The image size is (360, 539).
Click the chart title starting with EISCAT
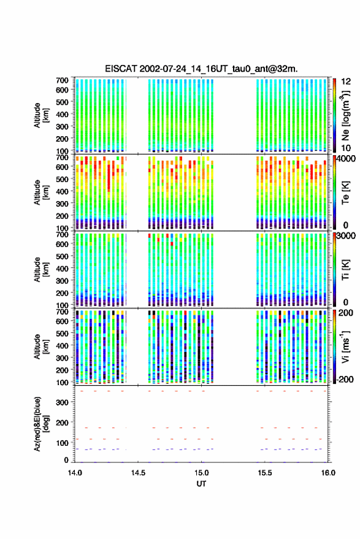[x=201, y=69]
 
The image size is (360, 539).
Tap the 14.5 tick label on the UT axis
[x=138, y=473]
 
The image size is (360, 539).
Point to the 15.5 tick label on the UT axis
[x=264, y=473]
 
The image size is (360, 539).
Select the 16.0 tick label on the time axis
[x=328, y=473]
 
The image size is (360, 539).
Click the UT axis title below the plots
[x=201, y=484]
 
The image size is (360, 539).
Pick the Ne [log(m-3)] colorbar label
[x=346, y=115]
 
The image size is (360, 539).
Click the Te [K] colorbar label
[x=345, y=193]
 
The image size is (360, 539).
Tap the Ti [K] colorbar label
[x=345, y=270]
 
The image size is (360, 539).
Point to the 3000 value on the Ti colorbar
[x=346, y=235]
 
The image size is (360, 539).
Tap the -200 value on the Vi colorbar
[x=345, y=379]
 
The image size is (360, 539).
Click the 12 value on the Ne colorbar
[x=347, y=82]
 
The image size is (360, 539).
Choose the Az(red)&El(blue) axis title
[x=42, y=424]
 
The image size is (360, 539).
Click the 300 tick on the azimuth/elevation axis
[x=62, y=402]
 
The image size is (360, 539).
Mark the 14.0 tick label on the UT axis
[x=75, y=473]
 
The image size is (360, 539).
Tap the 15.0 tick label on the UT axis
[x=201, y=473]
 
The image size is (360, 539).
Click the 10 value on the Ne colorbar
[x=347, y=148]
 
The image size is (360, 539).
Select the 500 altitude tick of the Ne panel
[x=62, y=102]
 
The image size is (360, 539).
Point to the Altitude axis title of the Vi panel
[x=42, y=346]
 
